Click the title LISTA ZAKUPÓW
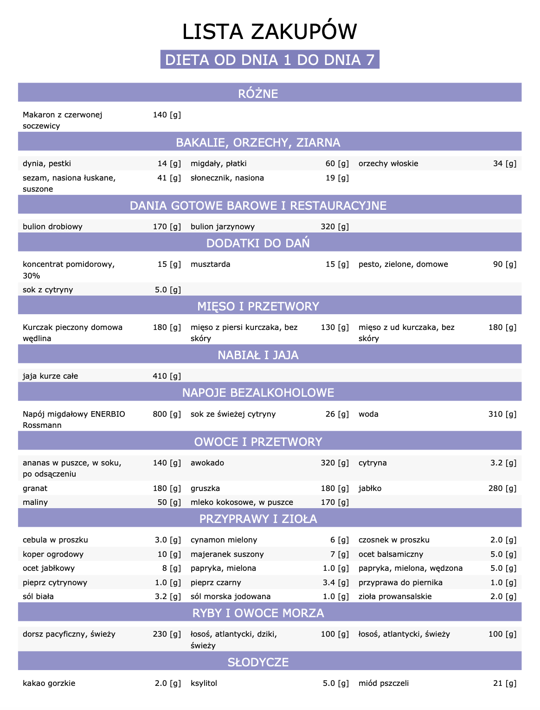tap(270, 32)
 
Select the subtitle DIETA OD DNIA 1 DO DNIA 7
tap(270, 60)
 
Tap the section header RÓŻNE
tap(258, 93)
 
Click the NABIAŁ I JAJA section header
tap(258, 355)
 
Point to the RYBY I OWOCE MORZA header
tap(258, 613)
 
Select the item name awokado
tap(207, 463)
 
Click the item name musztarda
tap(210, 264)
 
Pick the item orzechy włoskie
tap(388, 163)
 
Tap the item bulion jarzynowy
tap(223, 226)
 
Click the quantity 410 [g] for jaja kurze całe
tap(167, 376)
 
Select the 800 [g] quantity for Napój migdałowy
tap(167, 414)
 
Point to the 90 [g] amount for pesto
tap(504, 264)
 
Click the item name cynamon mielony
tap(224, 540)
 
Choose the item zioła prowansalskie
tap(395, 596)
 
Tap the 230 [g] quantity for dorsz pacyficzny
tap(167, 634)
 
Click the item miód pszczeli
tap(384, 683)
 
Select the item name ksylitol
tap(204, 683)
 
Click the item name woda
tap(368, 414)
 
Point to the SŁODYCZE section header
tap(258, 662)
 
